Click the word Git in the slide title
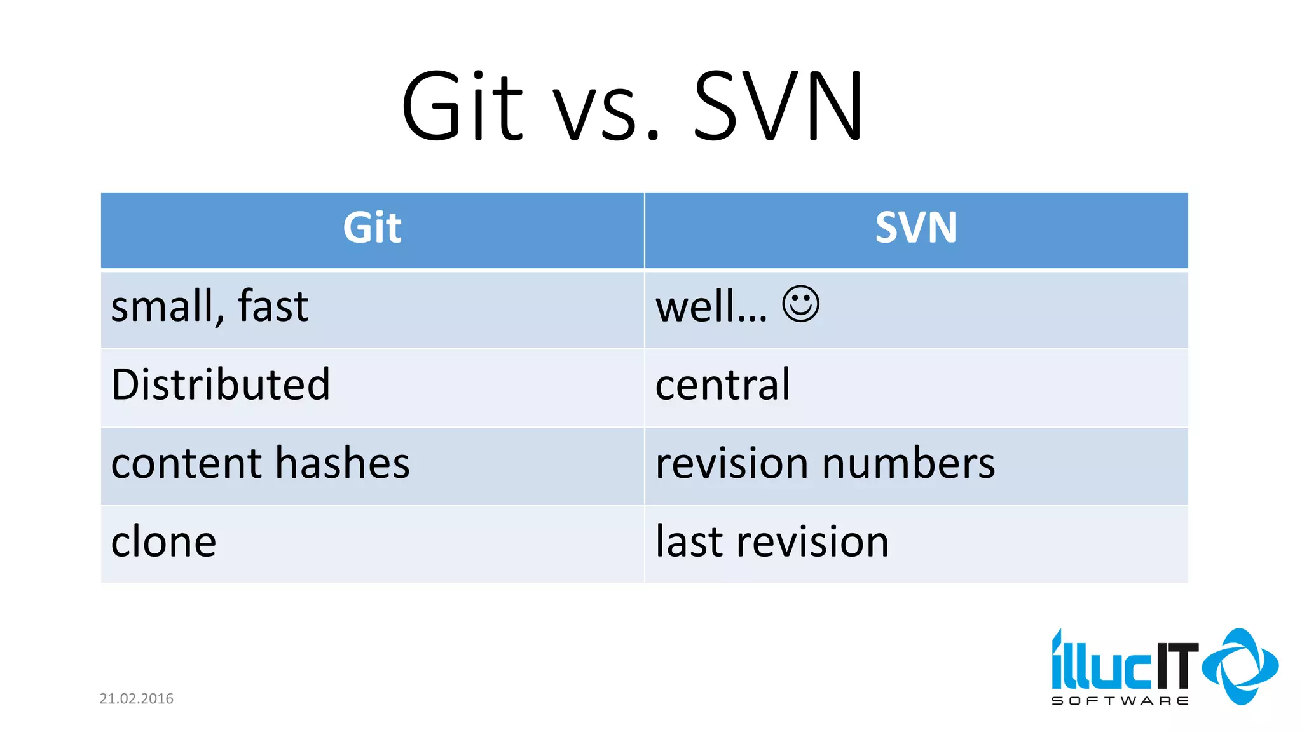(462, 107)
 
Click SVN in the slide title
(778, 107)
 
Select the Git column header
(373, 228)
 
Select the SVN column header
(915, 228)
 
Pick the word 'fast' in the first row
(273, 307)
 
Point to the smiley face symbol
(800, 304)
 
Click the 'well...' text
(711, 307)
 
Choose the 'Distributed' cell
(221, 385)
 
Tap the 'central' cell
(723, 385)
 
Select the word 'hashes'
(343, 464)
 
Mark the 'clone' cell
(163, 542)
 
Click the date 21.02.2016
(136, 699)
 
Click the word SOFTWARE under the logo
(1120, 701)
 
